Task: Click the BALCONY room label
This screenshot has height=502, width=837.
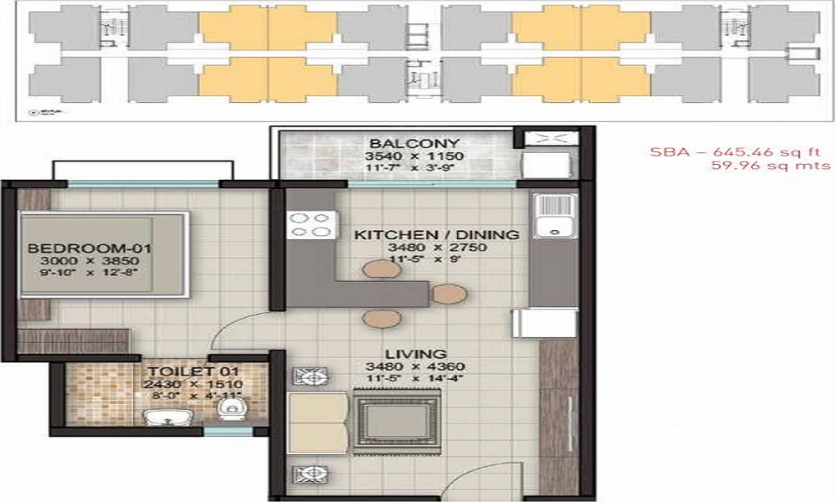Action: (403, 141)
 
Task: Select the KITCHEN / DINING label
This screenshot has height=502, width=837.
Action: (437, 235)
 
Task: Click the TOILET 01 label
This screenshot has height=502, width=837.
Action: (193, 371)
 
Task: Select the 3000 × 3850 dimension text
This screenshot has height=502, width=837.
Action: (78, 261)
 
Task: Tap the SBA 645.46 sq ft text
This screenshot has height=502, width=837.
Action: (741, 151)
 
